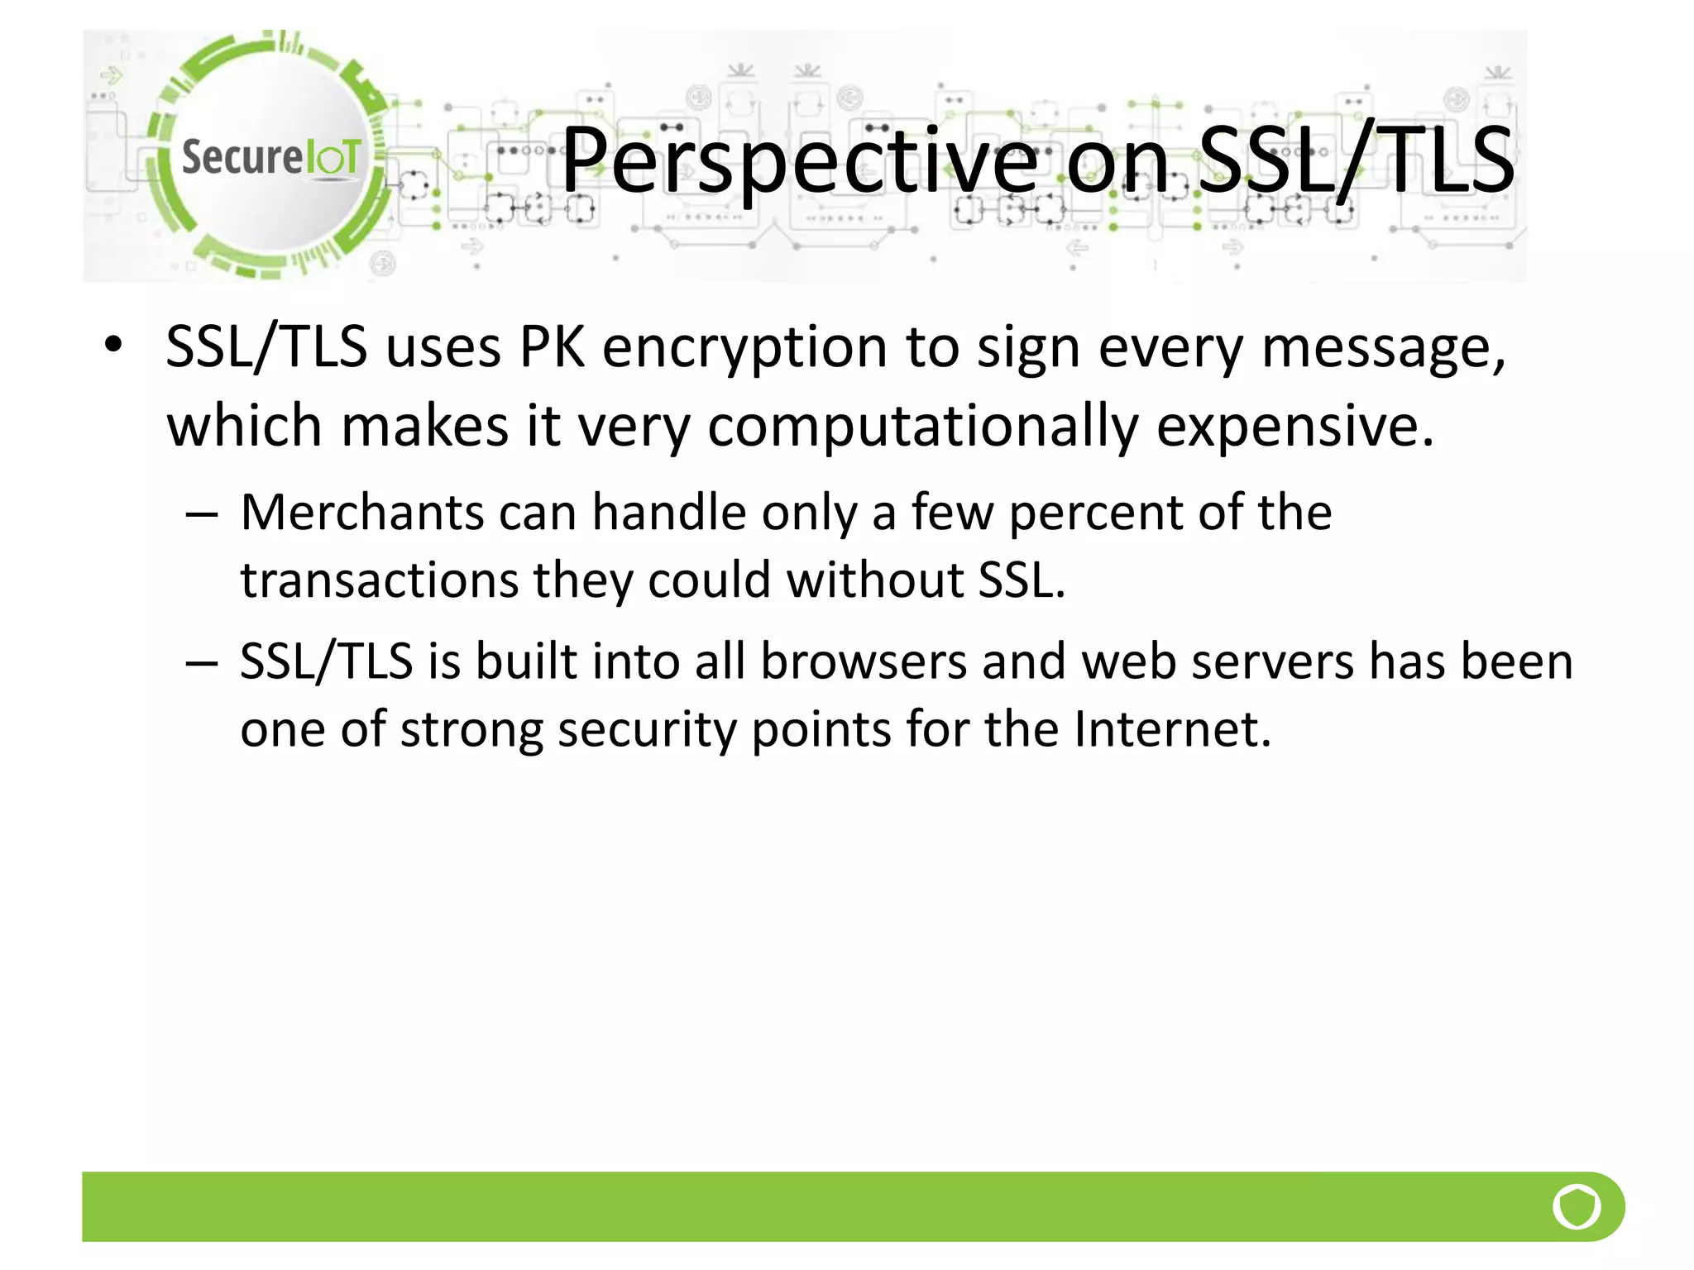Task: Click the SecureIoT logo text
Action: [x=270, y=157]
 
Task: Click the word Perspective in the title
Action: [x=799, y=160]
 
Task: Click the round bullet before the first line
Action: [x=114, y=345]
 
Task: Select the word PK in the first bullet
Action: [x=552, y=347]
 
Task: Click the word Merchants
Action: [x=361, y=513]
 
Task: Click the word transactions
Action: [x=379, y=580]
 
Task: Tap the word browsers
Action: [x=864, y=662]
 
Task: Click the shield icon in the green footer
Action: [x=1577, y=1206]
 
